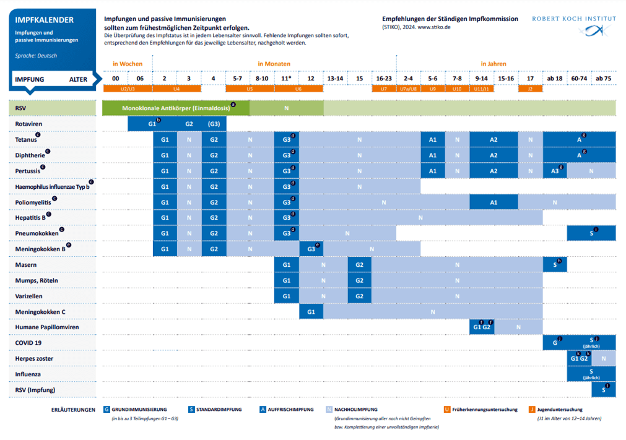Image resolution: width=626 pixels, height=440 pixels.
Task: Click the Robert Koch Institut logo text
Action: (x=573, y=19)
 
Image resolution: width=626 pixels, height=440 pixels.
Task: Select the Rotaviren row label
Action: (x=29, y=124)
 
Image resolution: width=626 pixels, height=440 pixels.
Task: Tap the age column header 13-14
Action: (x=335, y=79)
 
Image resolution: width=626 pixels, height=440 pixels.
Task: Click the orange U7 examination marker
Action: (x=384, y=89)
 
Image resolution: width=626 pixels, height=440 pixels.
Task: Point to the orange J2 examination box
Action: (x=530, y=89)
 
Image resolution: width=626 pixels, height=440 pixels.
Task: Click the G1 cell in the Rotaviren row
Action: (x=152, y=124)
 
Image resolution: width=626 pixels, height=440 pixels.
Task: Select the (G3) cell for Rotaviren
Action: (x=214, y=124)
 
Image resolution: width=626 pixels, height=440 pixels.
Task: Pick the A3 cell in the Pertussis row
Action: (x=555, y=171)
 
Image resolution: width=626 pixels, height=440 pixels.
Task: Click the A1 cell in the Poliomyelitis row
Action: (x=493, y=202)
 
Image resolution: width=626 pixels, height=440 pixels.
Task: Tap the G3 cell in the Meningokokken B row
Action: (x=311, y=249)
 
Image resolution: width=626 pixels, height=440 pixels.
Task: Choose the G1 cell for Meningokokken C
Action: (x=311, y=312)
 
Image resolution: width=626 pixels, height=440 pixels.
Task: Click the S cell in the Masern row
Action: (x=555, y=265)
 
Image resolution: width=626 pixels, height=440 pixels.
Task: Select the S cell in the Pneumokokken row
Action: (x=591, y=233)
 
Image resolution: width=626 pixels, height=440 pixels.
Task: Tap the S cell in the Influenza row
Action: (x=591, y=374)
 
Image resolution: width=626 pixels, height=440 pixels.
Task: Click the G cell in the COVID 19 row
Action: (x=555, y=342)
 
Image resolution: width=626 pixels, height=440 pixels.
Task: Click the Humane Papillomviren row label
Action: (x=46, y=327)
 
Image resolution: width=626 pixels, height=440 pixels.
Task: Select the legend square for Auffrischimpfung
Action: (x=263, y=409)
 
